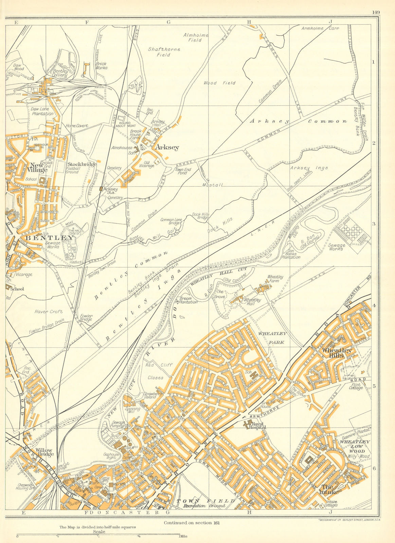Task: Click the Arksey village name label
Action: pyautogui.click(x=167, y=148)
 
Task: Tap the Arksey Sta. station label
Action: pyautogui.click(x=110, y=191)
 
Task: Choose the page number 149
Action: pyautogui.click(x=375, y=12)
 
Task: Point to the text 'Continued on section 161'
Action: pyautogui.click(x=192, y=523)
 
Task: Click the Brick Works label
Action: pyautogui.click(x=101, y=65)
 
